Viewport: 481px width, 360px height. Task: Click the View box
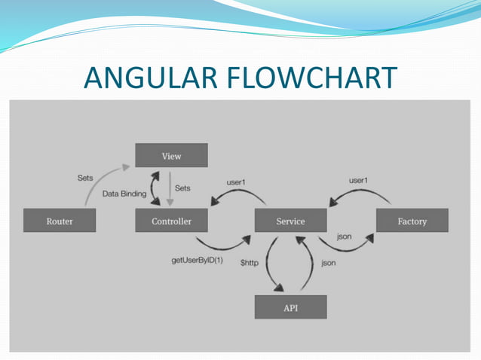coord(171,156)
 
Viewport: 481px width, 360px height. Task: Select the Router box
coord(60,221)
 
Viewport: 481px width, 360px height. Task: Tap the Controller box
coord(171,221)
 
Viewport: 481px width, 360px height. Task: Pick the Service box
coord(290,221)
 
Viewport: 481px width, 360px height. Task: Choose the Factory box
coord(412,221)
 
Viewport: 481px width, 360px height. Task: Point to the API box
coord(290,307)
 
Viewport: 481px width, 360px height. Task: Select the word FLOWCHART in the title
coord(319,78)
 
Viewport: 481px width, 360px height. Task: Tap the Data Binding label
coord(124,194)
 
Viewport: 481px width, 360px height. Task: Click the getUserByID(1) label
coord(197,261)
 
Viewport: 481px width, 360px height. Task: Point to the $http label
coord(252,262)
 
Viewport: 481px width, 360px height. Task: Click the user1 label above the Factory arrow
coord(359,181)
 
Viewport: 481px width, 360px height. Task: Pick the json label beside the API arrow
coord(329,263)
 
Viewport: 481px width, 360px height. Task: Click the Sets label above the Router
coord(86,178)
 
